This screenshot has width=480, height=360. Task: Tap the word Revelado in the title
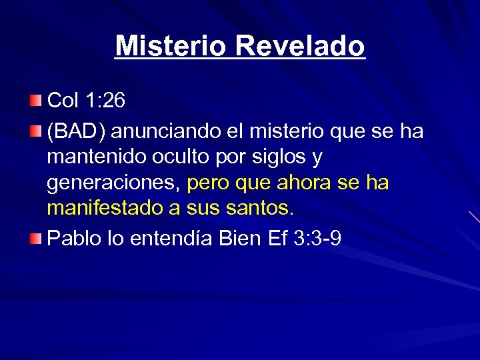pos(300,47)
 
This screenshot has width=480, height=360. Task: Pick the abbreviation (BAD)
pos(73,131)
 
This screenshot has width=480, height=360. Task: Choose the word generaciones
pos(113,183)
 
